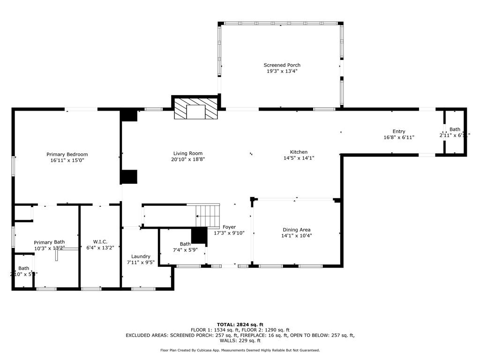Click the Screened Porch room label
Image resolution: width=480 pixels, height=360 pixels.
[x=282, y=65]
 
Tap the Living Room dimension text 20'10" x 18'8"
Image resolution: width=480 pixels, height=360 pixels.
[x=188, y=159]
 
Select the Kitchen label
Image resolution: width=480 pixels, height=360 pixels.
[x=299, y=152]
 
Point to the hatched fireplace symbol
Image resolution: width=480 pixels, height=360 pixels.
[x=196, y=109]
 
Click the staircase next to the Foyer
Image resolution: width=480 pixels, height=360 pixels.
[x=208, y=216]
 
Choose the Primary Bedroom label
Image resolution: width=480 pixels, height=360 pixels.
[x=67, y=154]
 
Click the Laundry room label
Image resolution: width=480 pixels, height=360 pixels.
[x=141, y=256]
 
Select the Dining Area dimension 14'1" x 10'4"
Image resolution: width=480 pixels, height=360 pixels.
[x=296, y=236]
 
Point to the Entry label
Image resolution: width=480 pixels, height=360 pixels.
[x=399, y=131]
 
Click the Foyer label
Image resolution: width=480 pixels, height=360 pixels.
[x=229, y=227]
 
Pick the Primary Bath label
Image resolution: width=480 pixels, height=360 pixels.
[x=49, y=242]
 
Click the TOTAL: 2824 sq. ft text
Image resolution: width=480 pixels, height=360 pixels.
[x=240, y=324]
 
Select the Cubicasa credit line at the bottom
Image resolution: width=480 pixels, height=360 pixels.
[x=240, y=350]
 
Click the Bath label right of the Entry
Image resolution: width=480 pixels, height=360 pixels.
[x=455, y=129]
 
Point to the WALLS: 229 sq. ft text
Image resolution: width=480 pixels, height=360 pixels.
[x=240, y=341]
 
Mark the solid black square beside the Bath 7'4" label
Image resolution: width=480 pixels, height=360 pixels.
[x=199, y=235]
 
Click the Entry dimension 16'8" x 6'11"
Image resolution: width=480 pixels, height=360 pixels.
[x=399, y=137]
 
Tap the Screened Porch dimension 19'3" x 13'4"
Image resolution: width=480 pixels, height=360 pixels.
[x=282, y=71]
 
